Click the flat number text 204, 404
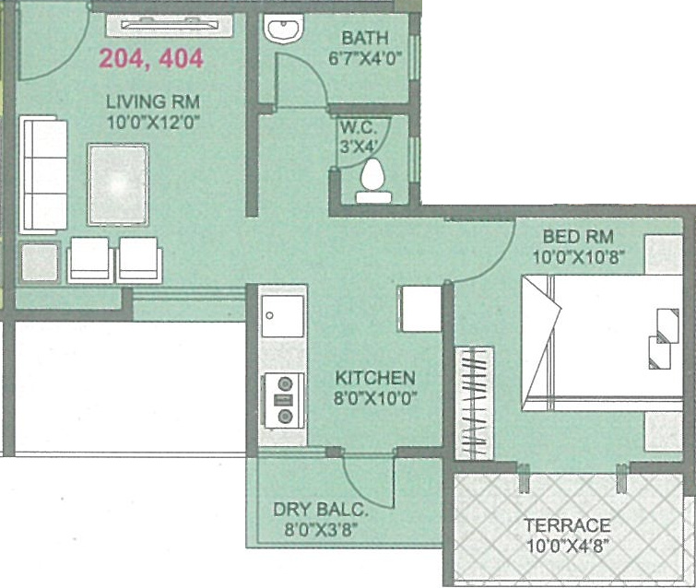151,59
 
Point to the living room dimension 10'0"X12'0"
153,121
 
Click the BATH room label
365,39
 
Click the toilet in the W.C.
372,178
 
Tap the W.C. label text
355,126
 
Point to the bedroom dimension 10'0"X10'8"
578,257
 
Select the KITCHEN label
375,378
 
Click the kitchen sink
282,315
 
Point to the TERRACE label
567,525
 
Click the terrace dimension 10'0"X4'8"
567,546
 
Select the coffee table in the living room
117,183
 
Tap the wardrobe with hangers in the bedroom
476,400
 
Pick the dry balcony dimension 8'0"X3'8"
314,530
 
